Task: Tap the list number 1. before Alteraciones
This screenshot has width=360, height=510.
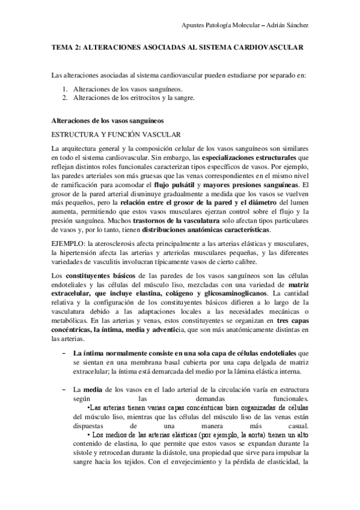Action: [66, 88]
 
